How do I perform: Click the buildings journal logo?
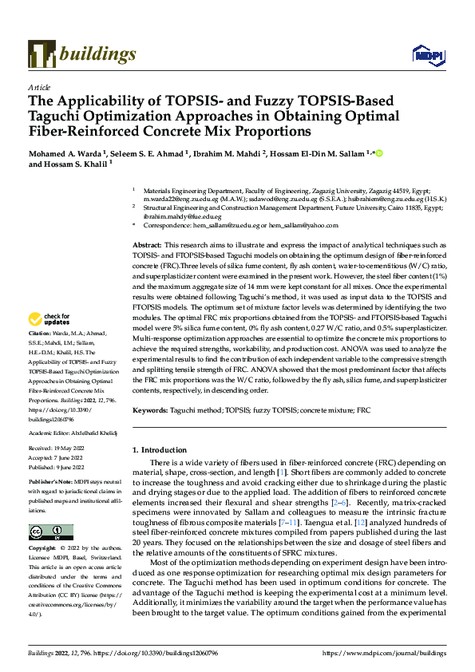(x=81, y=54)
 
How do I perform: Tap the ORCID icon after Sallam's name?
(x=379, y=153)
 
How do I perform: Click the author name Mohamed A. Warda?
(x=66, y=153)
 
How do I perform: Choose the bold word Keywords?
(x=150, y=409)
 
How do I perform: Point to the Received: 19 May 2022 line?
(x=57, y=449)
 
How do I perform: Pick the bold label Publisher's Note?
(x=49, y=483)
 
